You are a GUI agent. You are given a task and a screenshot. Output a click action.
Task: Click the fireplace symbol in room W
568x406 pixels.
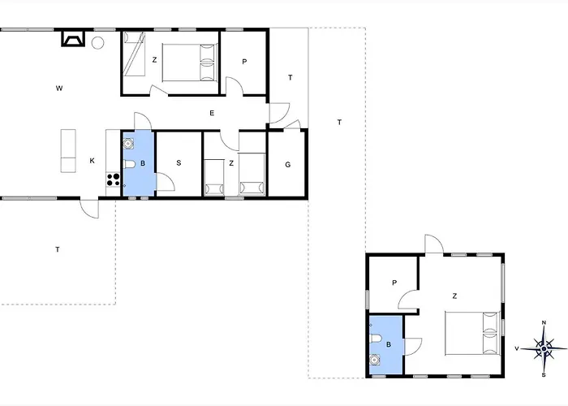click(x=74, y=38)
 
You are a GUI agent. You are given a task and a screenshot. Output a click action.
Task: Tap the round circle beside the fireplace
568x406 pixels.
click(x=97, y=43)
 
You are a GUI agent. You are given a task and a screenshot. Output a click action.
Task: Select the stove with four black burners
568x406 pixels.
click(x=114, y=179)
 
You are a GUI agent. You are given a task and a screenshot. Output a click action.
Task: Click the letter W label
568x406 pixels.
click(x=59, y=88)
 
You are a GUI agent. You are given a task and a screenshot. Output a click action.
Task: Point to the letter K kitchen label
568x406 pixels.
click(x=92, y=161)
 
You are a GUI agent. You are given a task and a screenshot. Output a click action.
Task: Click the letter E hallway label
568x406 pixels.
click(x=212, y=113)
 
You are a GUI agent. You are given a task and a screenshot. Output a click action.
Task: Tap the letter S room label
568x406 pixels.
click(x=179, y=163)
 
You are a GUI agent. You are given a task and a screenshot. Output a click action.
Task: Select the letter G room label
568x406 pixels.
click(x=288, y=165)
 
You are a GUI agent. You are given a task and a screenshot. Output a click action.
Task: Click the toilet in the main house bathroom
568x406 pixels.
click(x=129, y=164)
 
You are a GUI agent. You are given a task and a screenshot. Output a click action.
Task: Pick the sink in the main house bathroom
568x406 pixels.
click(x=128, y=143)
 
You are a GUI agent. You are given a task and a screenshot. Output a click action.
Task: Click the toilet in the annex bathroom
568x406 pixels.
click(x=375, y=339)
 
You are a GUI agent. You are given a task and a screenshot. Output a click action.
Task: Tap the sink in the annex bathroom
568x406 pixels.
click(x=375, y=360)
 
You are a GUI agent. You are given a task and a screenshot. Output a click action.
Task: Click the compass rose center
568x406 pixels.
click(x=544, y=348)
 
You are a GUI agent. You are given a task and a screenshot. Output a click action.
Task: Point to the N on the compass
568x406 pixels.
click(x=544, y=322)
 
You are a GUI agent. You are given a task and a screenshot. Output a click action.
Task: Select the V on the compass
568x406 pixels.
click(x=517, y=348)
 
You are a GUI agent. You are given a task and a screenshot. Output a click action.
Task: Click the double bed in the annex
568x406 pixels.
click(x=472, y=333)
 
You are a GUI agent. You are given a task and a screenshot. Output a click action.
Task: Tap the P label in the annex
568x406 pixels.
click(x=394, y=283)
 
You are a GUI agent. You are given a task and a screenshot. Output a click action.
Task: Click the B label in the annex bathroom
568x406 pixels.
click(x=389, y=344)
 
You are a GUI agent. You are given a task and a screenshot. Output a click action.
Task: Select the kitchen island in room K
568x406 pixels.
click(x=68, y=151)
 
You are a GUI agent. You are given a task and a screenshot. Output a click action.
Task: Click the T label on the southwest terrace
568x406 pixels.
click(x=58, y=249)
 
